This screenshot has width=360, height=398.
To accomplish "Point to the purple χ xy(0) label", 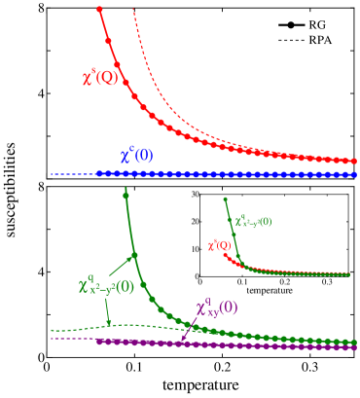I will coord(216,308).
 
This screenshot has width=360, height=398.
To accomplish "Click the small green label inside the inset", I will coord(253,222).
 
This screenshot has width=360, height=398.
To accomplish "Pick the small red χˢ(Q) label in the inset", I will coord(219,245).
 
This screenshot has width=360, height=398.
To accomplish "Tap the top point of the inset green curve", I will coord(226,200).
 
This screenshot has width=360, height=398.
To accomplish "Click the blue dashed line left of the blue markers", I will coord(73,174).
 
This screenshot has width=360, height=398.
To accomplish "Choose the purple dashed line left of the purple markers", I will coord(73,339).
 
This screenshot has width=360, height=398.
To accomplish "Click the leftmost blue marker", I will coord(98,174).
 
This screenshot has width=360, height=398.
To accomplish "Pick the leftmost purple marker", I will coord(98,341).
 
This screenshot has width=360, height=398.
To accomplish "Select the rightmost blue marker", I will coord(354,175).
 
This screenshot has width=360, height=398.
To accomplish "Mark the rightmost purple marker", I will coord(354,347).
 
